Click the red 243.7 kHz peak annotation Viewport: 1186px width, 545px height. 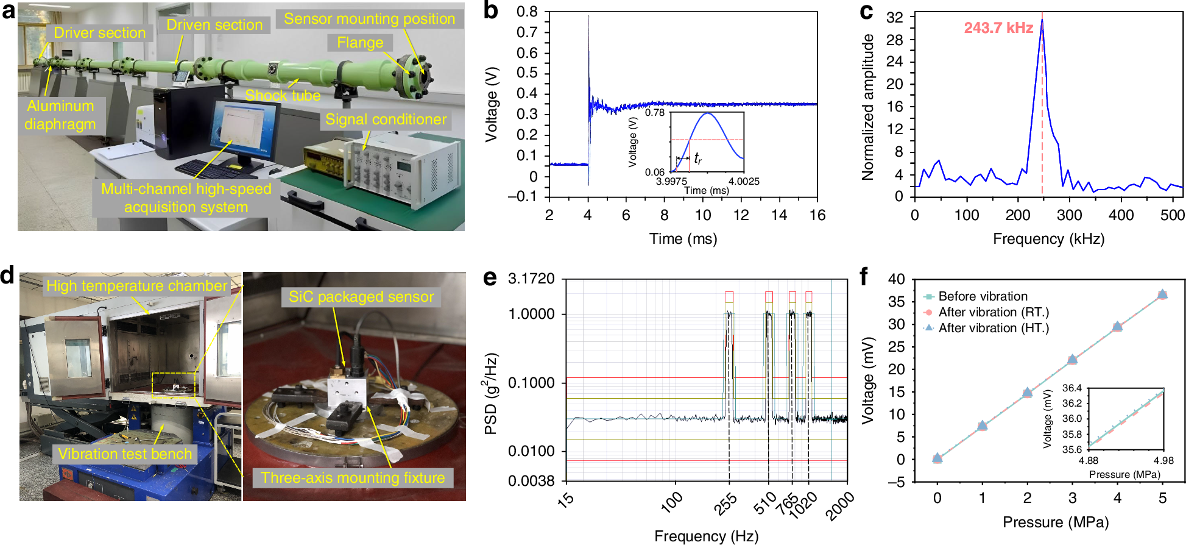click(998, 28)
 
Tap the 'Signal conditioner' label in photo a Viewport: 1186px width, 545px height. click(386, 119)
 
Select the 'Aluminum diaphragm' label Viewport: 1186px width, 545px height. click(60, 115)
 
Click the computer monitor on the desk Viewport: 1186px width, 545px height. click(244, 131)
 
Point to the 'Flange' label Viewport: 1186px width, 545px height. click(360, 43)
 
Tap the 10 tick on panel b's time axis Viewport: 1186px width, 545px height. click(702, 215)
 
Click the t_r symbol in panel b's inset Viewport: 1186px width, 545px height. click(698, 159)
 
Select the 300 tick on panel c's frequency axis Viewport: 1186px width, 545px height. click(1069, 215)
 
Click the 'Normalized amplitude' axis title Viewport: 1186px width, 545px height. click(867, 107)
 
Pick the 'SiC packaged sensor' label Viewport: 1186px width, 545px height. click(361, 297)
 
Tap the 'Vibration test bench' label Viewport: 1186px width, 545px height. click(125, 454)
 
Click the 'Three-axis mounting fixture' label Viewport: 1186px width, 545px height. click(353, 477)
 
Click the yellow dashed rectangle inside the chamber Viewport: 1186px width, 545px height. click(174, 385)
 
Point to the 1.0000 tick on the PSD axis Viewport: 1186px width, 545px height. click(531, 314)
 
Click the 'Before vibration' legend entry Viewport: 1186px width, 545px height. click(982, 296)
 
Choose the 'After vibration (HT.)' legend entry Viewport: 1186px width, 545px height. click(993, 328)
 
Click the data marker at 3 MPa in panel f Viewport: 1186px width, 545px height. click(1072, 359)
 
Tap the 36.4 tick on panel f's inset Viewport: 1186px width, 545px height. click(1071, 388)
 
